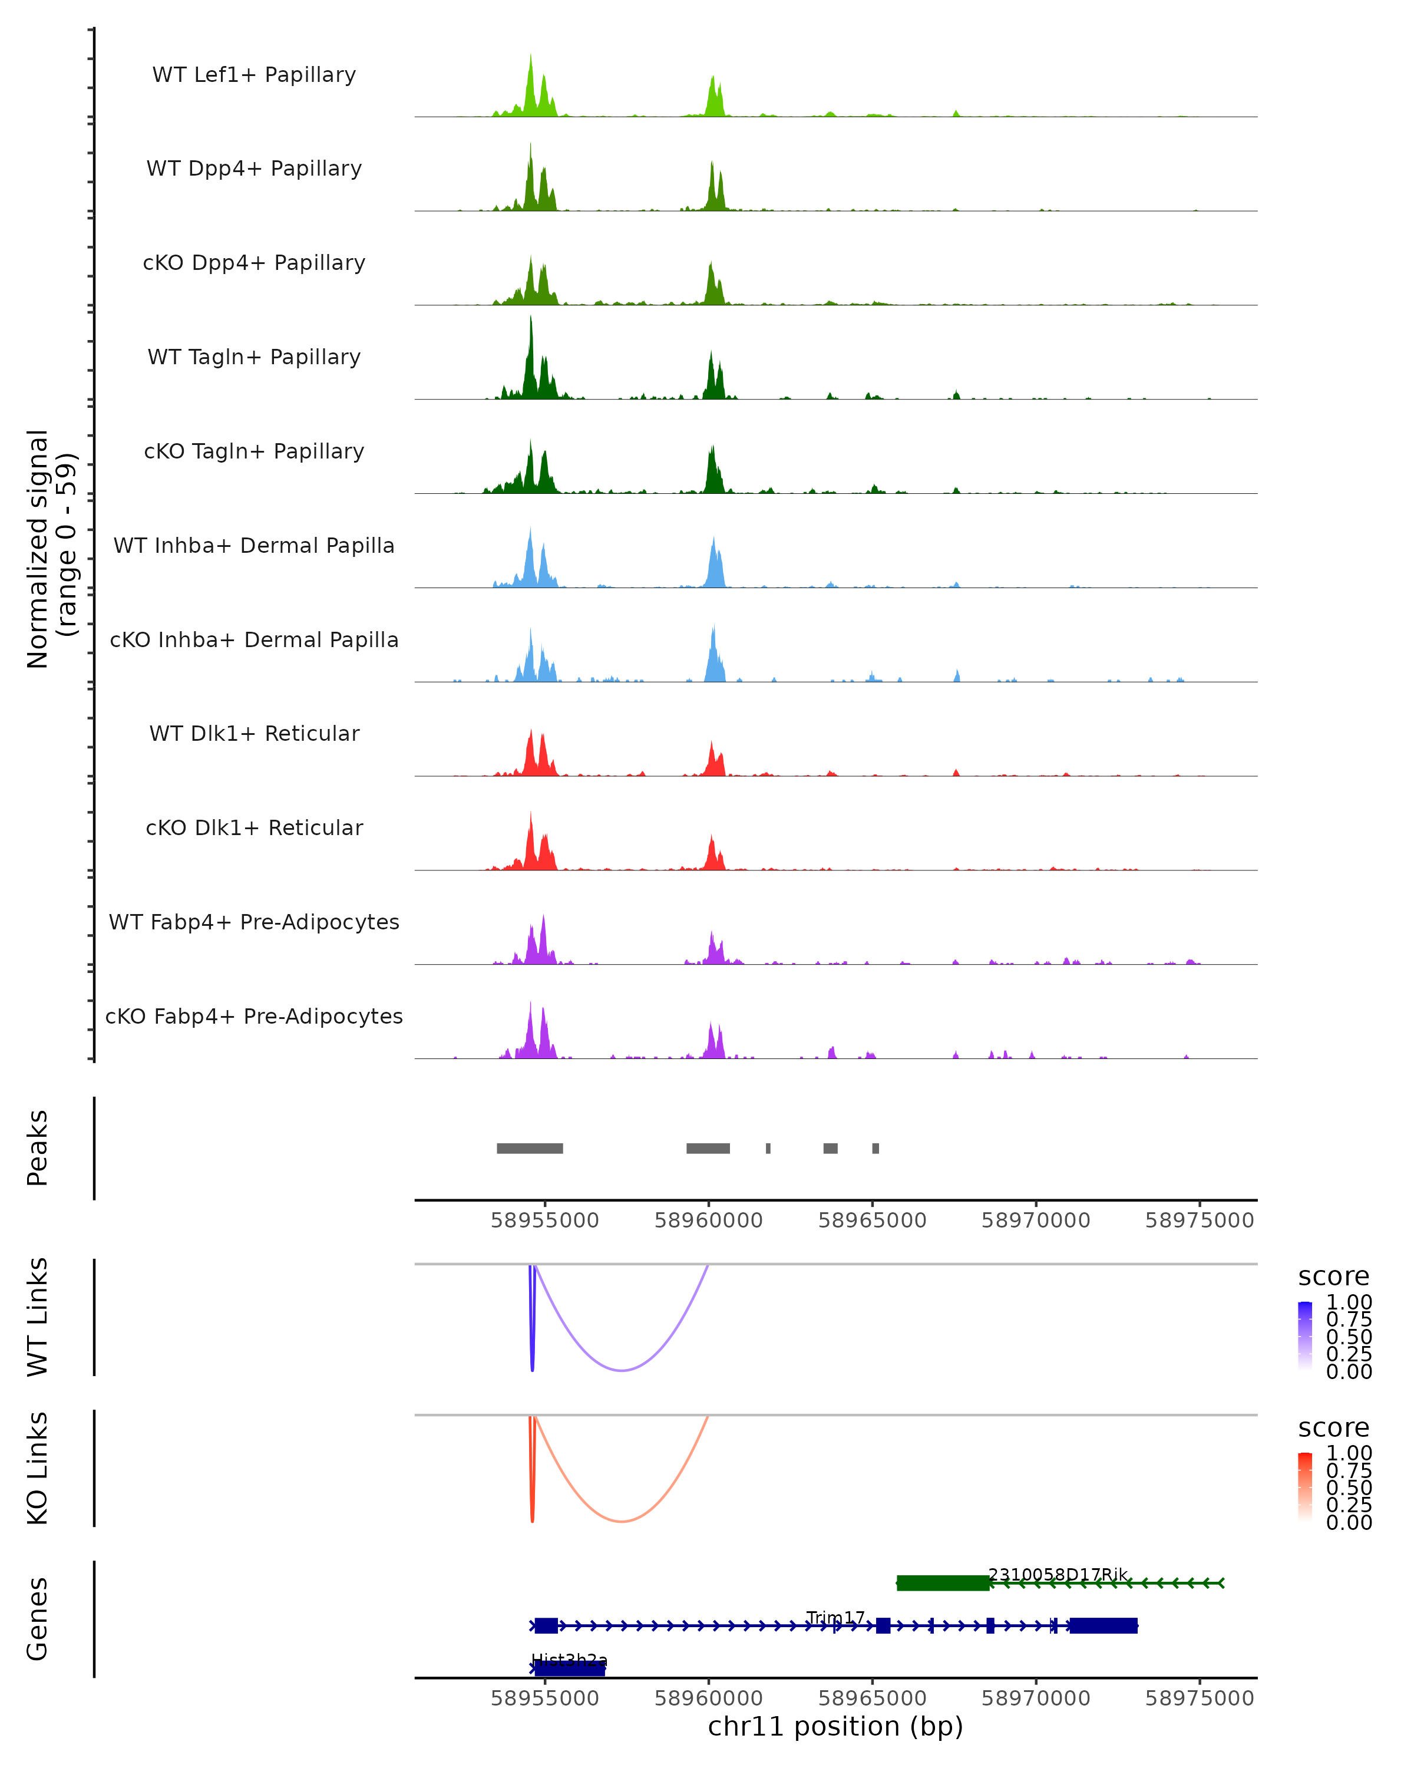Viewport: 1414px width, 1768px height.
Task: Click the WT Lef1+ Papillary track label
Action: pyautogui.click(x=254, y=75)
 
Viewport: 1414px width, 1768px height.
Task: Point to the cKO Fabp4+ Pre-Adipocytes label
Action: pyautogui.click(x=254, y=1016)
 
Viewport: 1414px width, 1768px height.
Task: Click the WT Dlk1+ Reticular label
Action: pyautogui.click(x=254, y=733)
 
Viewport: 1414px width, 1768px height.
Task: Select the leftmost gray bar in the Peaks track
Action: pyautogui.click(x=530, y=1148)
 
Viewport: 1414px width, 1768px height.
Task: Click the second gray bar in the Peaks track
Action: pyautogui.click(x=708, y=1148)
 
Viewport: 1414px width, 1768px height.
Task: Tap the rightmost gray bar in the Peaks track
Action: pyautogui.click(x=876, y=1148)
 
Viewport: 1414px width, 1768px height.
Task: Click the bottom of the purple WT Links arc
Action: pyautogui.click(x=622, y=1370)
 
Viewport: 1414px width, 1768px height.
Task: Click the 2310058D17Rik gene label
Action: pyautogui.click(x=1058, y=1575)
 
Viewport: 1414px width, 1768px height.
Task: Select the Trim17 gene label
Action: pyautogui.click(x=835, y=1617)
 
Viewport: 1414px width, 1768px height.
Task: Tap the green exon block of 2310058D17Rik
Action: pyautogui.click(x=943, y=1583)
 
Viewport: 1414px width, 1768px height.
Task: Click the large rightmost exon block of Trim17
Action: pyautogui.click(x=1104, y=1625)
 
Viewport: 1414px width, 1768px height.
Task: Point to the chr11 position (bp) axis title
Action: pyautogui.click(x=835, y=1727)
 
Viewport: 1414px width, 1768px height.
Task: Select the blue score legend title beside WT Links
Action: pyautogui.click(x=1334, y=1277)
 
